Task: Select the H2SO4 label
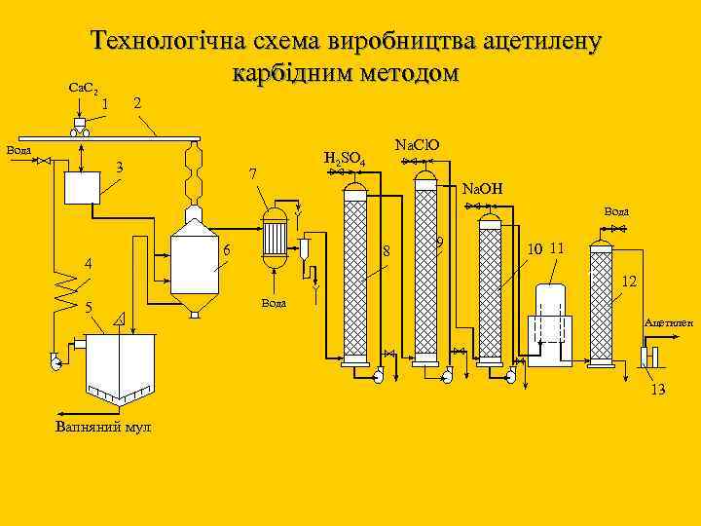pos(344,158)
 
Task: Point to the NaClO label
pos(417,145)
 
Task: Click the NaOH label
pos(481,188)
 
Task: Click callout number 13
pos(658,390)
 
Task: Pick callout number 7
pos(252,174)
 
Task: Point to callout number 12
pos(629,282)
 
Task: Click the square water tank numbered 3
pos(82,185)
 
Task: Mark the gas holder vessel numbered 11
pos(552,323)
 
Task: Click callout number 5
pos(88,308)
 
